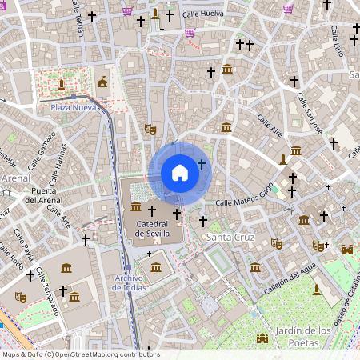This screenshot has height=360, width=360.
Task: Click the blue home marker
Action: tap(180, 172)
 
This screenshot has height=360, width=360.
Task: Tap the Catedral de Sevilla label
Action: tap(151, 230)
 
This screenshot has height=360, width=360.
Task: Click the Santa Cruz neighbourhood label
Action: tap(230, 238)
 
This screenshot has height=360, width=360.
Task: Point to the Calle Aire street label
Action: tap(270, 122)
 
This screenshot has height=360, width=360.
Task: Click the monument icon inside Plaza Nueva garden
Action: tap(61, 84)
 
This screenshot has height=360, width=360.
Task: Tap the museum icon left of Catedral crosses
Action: tap(134, 208)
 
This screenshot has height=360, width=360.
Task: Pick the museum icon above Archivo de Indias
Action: tap(154, 266)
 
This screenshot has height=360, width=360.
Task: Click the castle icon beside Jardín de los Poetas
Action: tap(262, 338)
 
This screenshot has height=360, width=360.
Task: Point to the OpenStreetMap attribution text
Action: tap(80, 354)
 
